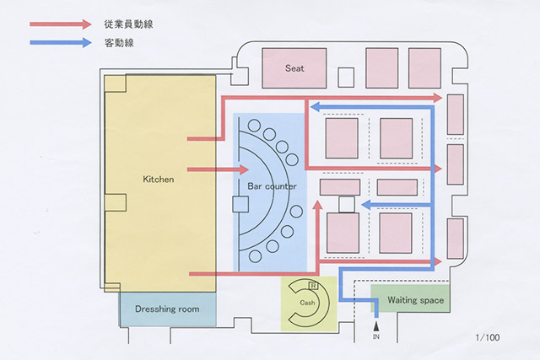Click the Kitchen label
[158, 180]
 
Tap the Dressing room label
[167, 309]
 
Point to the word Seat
[294, 68]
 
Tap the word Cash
[307, 302]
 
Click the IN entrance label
[376, 337]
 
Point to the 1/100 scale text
[490, 337]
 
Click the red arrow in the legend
[59, 24]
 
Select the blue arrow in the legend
[59, 42]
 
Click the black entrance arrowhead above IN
[376, 323]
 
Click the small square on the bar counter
[240, 203]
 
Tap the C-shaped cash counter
[296, 304]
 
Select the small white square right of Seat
[346, 77]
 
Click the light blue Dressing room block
[167, 309]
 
